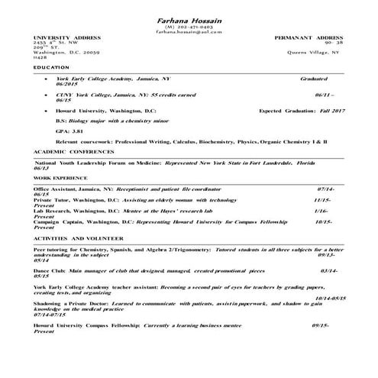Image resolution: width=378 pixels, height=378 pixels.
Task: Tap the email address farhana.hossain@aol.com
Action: click(188, 33)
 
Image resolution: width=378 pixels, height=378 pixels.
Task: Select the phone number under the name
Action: click(188, 27)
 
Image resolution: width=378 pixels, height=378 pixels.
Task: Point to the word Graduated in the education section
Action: click(314, 78)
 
